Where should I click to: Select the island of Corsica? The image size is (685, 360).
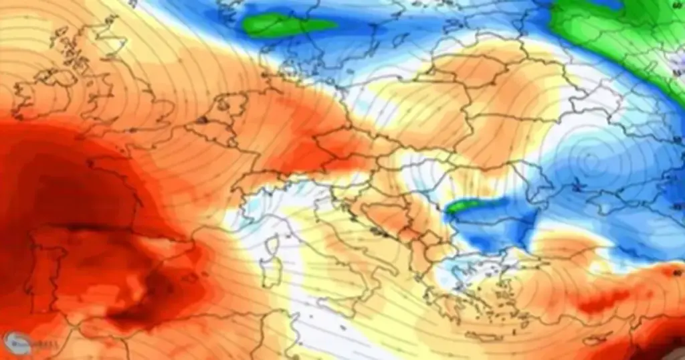[272, 246]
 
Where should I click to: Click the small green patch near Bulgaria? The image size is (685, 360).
[460, 207]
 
